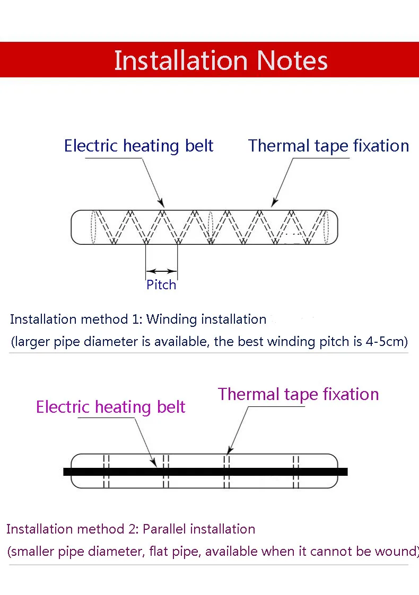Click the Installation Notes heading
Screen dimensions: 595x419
[221, 60]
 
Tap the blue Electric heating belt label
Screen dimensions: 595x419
[138, 146]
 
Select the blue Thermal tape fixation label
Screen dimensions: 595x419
[328, 146]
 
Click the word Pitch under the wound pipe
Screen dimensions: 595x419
[161, 285]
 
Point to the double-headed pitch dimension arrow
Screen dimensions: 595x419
[161, 271]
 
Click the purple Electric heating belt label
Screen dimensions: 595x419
[110, 407]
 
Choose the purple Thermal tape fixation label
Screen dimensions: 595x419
[298, 394]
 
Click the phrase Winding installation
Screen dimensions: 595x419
[206, 319]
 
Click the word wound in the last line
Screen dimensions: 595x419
[395, 552]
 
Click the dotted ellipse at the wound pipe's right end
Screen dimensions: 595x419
[329, 227]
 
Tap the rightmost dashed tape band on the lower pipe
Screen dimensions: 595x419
[296, 470]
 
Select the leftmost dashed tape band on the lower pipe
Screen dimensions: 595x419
[106, 470]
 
